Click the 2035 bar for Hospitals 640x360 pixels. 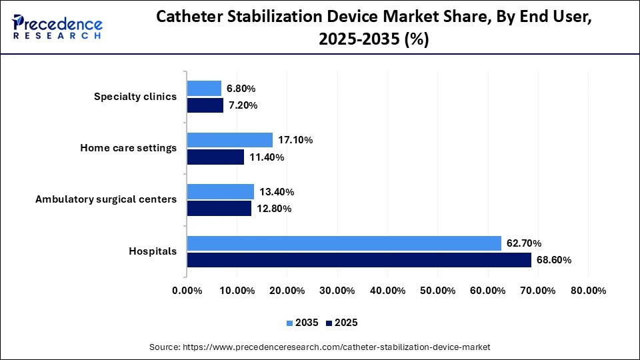[x=344, y=243]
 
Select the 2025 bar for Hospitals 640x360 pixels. [x=359, y=260]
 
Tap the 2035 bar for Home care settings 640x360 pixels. [x=229, y=140]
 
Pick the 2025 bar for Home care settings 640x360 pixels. [x=215, y=157]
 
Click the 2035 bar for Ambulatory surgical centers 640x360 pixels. [x=220, y=192]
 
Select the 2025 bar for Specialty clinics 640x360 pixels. [x=205, y=105]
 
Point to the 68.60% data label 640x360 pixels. [x=554, y=260]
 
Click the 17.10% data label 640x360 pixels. [x=295, y=140]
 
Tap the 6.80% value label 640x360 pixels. [x=241, y=89]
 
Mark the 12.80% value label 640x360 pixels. [x=274, y=209]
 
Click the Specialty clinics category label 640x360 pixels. [x=135, y=97]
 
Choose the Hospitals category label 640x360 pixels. [x=153, y=251]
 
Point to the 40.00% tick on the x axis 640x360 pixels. [x=387, y=291]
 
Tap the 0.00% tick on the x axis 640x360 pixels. [x=187, y=291]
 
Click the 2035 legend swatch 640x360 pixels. [x=290, y=323]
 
